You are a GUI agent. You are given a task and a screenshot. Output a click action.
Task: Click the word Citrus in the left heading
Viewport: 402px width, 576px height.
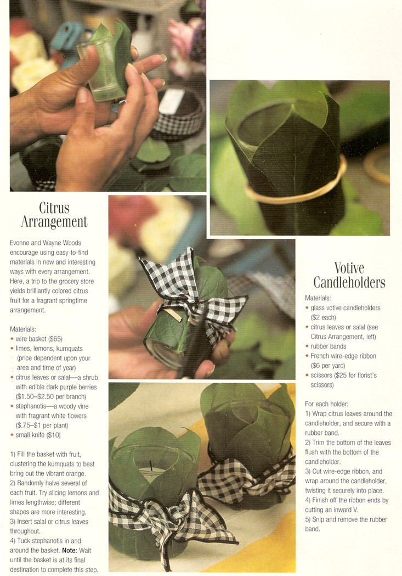coord(54,208)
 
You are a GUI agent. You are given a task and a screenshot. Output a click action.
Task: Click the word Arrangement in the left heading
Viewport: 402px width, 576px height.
coord(54,222)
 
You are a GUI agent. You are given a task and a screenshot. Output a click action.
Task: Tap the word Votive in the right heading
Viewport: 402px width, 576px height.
coord(349,268)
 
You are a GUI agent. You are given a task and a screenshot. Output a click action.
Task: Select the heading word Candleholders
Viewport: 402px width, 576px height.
coord(349,282)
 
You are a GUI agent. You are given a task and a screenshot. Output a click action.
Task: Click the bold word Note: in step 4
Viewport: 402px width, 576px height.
coord(71,550)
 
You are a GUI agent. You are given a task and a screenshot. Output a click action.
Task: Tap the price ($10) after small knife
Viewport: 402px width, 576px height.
coord(53,435)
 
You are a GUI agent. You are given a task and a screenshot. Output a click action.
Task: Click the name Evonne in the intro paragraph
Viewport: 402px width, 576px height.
coord(20,243)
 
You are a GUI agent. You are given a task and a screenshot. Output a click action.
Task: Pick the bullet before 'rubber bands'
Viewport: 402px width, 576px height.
coord(307,346)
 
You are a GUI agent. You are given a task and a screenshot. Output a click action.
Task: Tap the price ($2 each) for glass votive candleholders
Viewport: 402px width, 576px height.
coord(323,318)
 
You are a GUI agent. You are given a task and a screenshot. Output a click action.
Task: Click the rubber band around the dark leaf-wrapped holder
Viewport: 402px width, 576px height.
coord(296,192)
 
